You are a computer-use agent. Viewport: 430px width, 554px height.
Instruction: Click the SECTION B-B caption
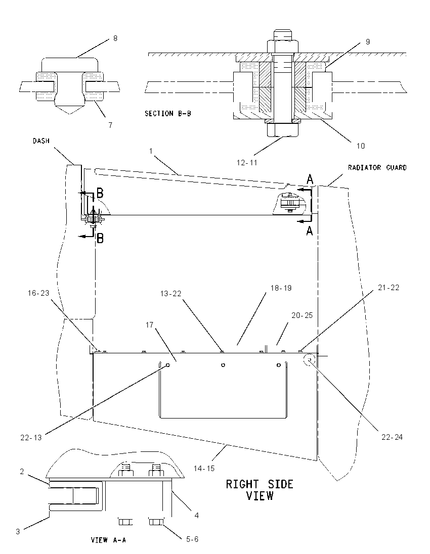tap(167, 113)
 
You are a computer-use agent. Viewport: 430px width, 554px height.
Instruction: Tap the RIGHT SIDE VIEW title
tap(260, 490)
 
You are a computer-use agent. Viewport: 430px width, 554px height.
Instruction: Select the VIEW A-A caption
tap(108, 540)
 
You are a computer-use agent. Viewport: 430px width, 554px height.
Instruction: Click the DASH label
tap(41, 141)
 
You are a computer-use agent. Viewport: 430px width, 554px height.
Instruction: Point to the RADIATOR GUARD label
tap(377, 167)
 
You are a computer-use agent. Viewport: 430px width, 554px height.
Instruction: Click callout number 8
tap(115, 38)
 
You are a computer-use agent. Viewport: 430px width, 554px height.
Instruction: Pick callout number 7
tap(110, 125)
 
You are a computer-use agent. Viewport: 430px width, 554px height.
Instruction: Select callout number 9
tap(368, 41)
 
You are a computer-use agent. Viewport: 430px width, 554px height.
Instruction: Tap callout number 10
tap(360, 146)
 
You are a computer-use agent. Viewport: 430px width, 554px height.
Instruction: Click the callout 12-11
tap(247, 163)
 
